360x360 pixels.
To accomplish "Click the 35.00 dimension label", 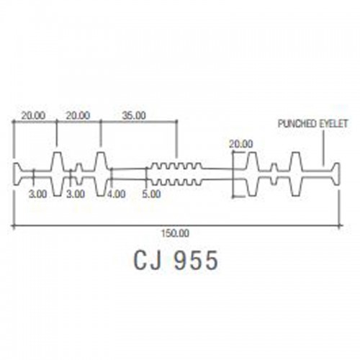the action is [x=134, y=115].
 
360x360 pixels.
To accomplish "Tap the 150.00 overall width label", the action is [x=175, y=233].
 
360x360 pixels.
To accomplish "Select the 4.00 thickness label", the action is [x=116, y=194].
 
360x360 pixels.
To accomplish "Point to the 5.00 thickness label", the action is [x=151, y=194].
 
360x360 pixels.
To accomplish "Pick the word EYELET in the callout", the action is [x=333, y=124].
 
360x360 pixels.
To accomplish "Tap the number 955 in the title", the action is [x=196, y=260].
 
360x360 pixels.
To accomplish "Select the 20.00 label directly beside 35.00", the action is [x=78, y=115].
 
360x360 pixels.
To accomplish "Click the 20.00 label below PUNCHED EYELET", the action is [x=241, y=144].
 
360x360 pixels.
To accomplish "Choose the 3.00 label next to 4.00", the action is [x=76, y=194].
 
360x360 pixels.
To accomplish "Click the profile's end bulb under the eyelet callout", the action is [x=336, y=174].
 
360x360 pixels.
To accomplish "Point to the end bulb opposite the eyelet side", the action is [x=17, y=174].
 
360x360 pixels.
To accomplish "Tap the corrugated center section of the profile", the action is [x=176, y=174].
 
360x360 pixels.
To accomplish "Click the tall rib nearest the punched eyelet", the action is [x=296, y=174].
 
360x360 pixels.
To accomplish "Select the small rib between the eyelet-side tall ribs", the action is [x=274, y=174].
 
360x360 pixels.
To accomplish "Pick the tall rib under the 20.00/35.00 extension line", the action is [x=101, y=174].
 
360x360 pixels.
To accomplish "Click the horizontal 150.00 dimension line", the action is [x=177, y=225].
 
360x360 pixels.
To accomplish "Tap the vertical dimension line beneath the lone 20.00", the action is [x=233, y=174].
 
